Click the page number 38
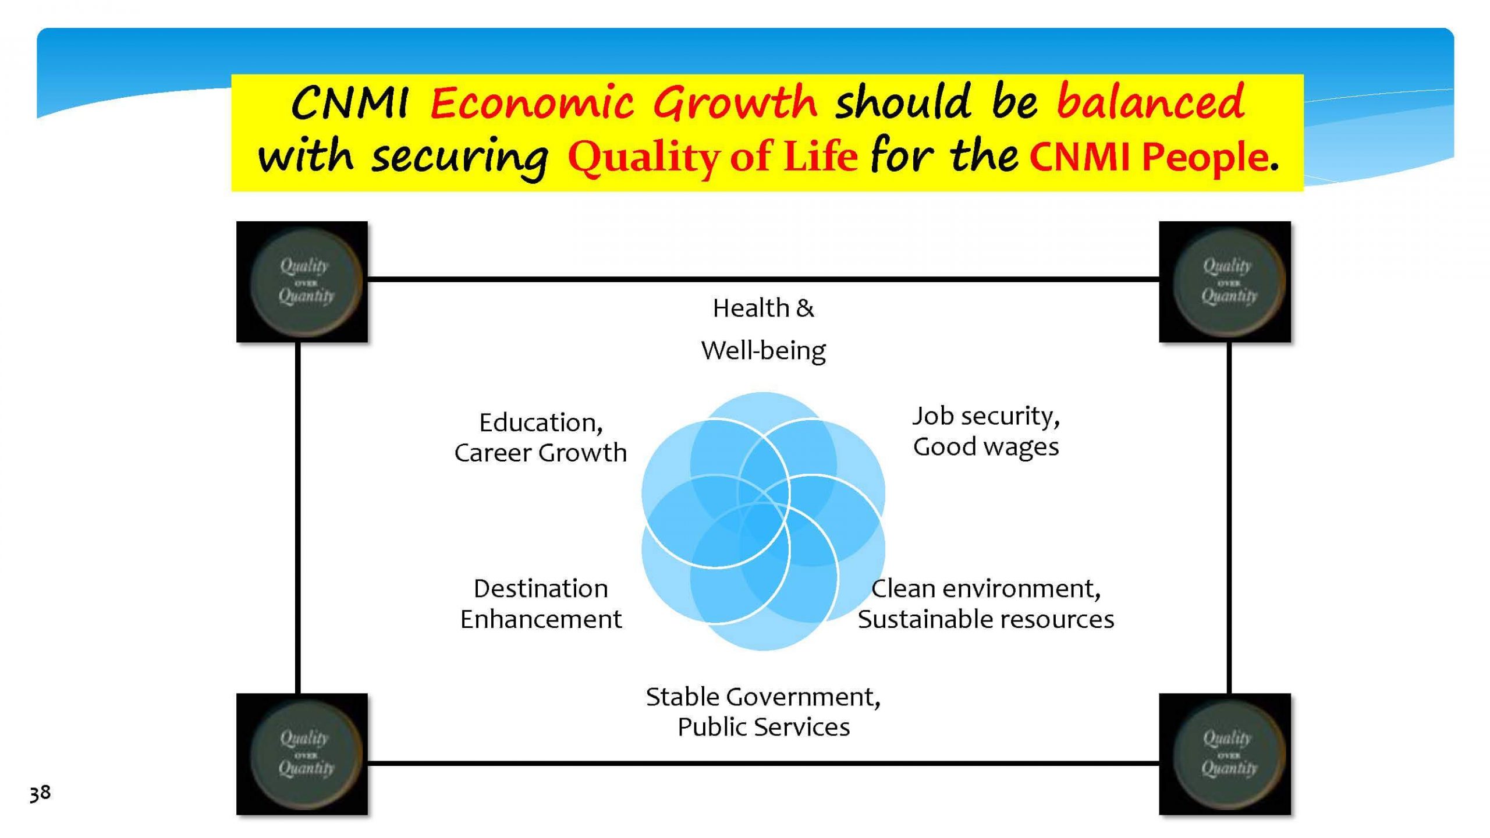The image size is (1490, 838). click(40, 793)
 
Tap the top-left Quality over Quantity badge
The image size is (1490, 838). click(302, 282)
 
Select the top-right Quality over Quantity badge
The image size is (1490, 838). click(1225, 282)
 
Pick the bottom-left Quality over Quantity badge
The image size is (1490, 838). click(302, 754)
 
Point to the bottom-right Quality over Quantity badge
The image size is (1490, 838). click(1225, 754)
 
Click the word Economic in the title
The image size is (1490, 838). click(532, 103)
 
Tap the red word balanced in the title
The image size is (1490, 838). click(1150, 101)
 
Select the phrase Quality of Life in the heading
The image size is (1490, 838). click(712, 157)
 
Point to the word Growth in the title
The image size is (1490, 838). click(735, 102)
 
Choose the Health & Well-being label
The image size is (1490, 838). click(763, 329)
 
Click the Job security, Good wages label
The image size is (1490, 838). click(986, 431)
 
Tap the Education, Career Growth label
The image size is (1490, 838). click(541, 438)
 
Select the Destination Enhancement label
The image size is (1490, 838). click(541, 603)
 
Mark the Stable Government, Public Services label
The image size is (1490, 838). click(763, 712)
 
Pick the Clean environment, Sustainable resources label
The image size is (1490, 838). click(986, 603)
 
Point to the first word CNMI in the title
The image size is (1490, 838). click(349, 103)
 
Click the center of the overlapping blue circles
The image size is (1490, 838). click(763, 521)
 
